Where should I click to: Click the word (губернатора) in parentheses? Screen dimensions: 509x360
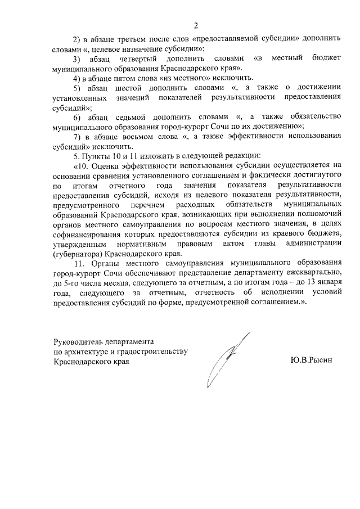pyautogui.click(x=78, y=253)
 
